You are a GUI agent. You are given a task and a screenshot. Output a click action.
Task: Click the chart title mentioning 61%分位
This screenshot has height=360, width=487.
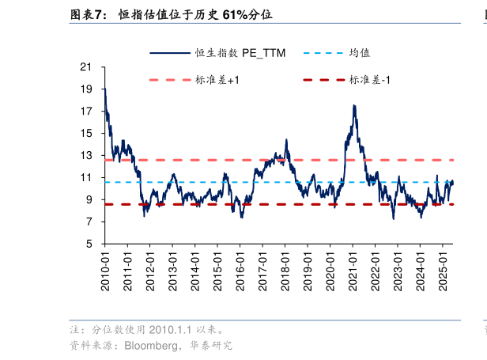(197, 14)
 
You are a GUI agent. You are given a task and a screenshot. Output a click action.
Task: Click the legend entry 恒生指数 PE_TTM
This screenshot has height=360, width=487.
(217, 53)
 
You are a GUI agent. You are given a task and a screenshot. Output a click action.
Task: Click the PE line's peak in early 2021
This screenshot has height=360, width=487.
(353, 106)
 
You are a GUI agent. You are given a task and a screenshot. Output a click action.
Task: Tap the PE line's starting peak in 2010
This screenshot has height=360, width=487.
(104, 88)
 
